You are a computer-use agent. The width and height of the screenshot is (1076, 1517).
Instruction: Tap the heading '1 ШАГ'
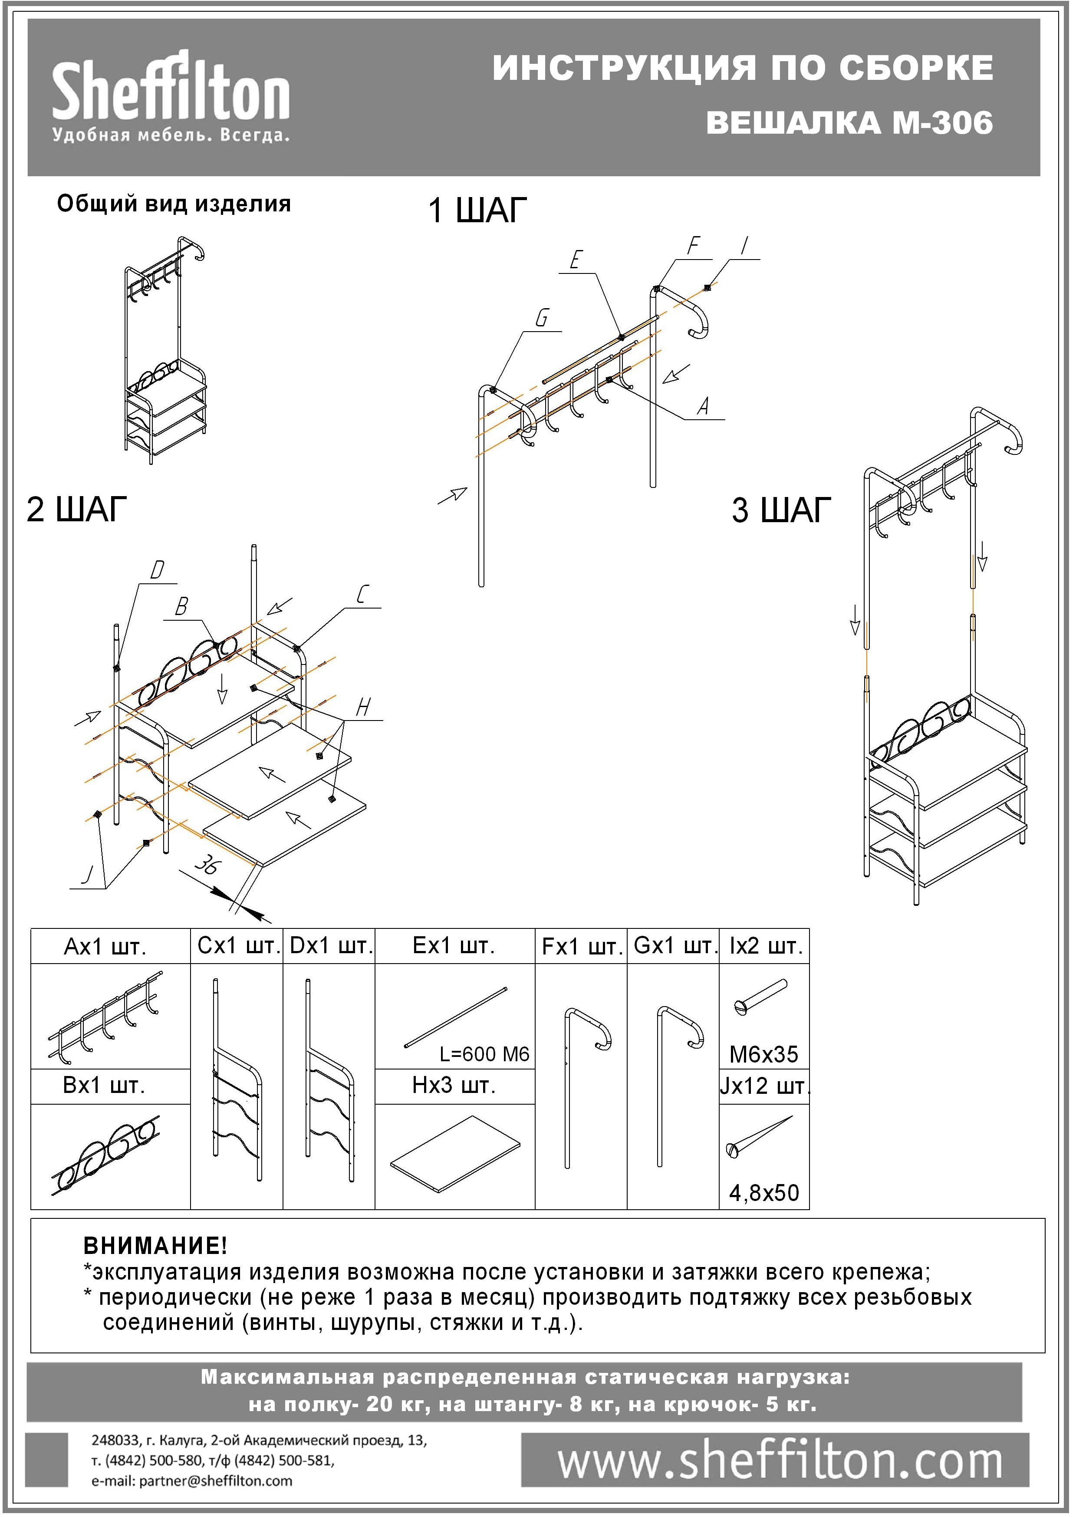coord(477,211)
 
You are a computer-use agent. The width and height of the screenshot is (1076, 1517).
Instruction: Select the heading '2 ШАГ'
coord(76,510)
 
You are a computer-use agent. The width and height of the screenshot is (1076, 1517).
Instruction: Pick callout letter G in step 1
coord(541,319)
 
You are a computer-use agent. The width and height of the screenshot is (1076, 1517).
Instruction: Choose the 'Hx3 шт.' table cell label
coord(454,1086)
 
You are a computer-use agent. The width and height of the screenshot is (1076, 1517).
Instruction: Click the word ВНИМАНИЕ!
coord(155,1245)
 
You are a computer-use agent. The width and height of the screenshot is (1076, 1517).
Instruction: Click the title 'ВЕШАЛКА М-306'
coord(849,122)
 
